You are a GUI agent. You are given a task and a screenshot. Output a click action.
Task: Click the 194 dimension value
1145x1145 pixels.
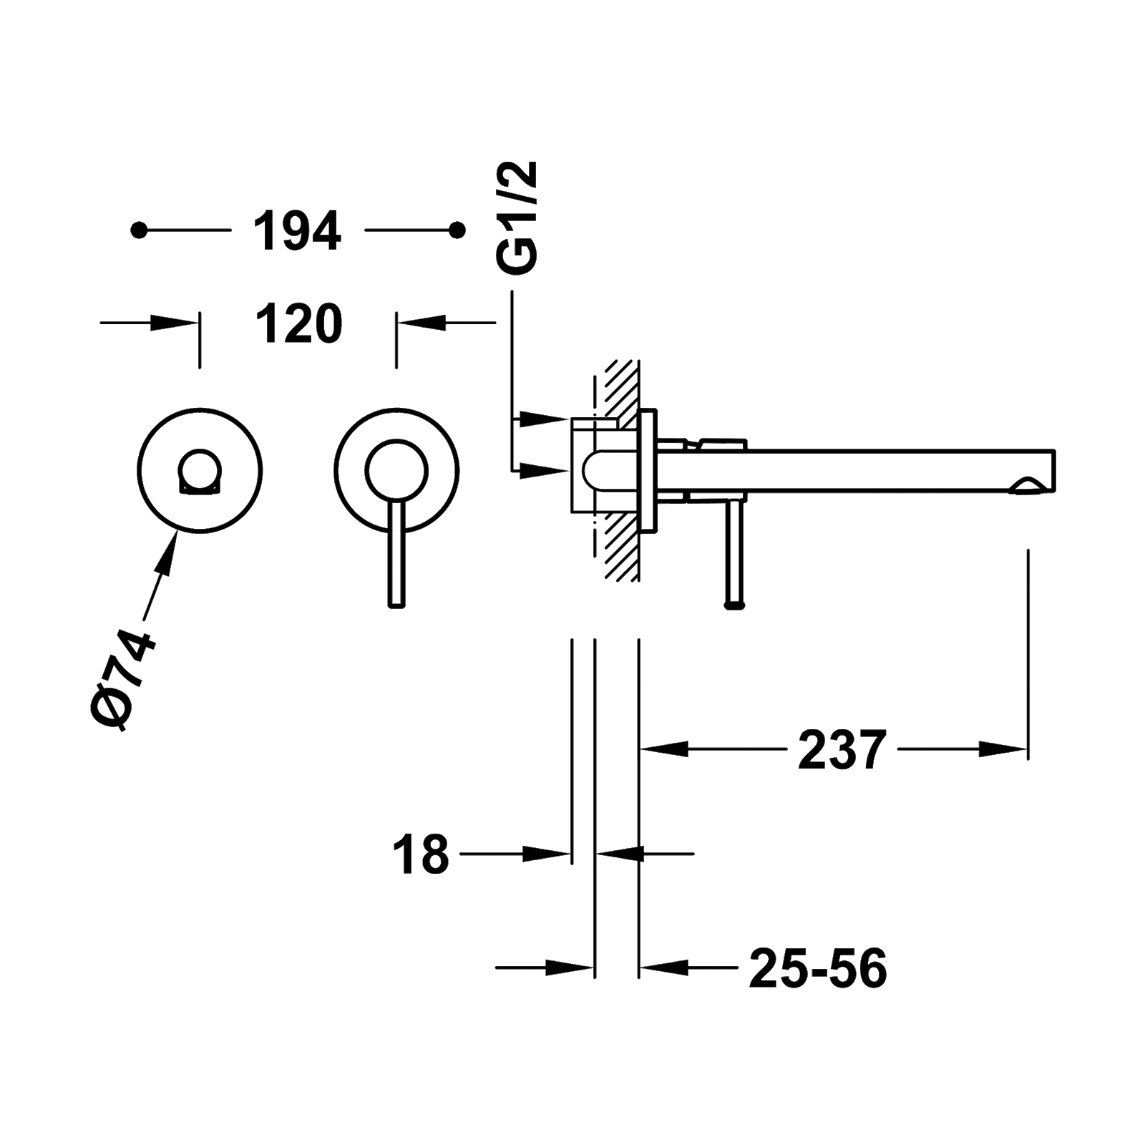pyautogui.click(x=297, y=231)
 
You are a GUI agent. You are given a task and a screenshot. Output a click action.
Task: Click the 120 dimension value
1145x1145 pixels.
pyautogui.click(x=299, y=324)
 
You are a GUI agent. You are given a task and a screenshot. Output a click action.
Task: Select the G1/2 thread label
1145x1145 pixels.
pyautogui.click(x=517, y=218)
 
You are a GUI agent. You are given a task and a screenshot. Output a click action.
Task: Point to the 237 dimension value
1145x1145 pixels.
pyautogui.click(x=842, y=750)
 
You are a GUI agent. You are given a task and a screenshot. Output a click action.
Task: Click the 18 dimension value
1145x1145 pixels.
pyautogui.click(x=421, y=854)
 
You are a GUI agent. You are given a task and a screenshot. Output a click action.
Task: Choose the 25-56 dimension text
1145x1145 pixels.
pyautogui.click(x=818, y=969)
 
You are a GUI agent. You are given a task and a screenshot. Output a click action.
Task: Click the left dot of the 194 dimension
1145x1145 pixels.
pyautogui.click(x=140, y=230)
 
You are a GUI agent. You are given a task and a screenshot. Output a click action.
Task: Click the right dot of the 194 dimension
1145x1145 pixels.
pyautogui.click(x=457, y=230)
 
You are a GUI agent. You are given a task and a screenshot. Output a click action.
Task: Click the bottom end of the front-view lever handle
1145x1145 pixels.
pyautogui.click(x=396, y=605)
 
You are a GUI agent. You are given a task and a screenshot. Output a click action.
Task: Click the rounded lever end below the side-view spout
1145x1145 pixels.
pyautogui.click(x=735, y=605)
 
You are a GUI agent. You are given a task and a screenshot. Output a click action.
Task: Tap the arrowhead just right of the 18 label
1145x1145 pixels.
pyautogui.click(x=547, y=853)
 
